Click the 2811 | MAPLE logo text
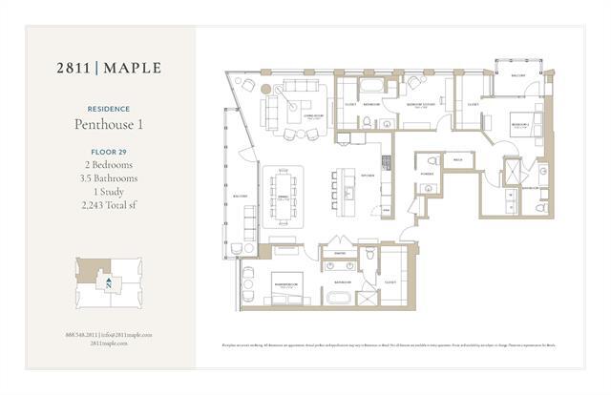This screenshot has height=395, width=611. pos(108,68)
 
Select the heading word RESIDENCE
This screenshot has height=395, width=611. pos(108,109)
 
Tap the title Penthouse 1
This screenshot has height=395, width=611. pos(108,125)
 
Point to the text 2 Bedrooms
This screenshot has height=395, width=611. pos(108,164)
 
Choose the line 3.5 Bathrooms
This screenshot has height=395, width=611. pos(108,177)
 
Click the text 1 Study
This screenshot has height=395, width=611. pos(108,191)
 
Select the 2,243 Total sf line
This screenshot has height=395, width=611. pos(108,204)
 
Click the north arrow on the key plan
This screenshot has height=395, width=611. pos(110,283)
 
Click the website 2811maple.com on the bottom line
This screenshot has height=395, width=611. pos(108,343)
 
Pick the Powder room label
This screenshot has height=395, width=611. pos(425,175)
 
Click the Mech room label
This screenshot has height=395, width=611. pos(457,159)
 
